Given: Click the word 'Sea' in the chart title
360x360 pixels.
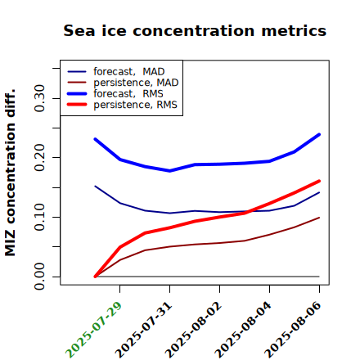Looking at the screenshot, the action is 79,30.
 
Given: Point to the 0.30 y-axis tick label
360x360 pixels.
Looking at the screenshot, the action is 39,98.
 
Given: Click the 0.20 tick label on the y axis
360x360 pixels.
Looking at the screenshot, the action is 39,157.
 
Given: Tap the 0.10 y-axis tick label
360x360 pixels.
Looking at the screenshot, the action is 39,217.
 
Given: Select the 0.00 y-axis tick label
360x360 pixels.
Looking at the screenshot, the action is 39,277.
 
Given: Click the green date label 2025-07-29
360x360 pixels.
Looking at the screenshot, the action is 93,330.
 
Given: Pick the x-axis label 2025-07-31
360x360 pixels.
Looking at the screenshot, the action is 143,330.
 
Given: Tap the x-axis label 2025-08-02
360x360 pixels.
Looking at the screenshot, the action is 193,330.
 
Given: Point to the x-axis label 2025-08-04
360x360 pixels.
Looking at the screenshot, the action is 243,330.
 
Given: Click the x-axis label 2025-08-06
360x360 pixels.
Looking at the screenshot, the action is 293,330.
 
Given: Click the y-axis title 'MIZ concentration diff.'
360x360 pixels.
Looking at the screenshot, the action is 10,173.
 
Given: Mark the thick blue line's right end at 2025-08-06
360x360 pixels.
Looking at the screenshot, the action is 319,134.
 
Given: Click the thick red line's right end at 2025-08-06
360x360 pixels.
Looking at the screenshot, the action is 319,181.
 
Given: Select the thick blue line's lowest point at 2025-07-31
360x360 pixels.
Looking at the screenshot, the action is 169,171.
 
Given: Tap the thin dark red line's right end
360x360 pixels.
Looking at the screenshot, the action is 319,218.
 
